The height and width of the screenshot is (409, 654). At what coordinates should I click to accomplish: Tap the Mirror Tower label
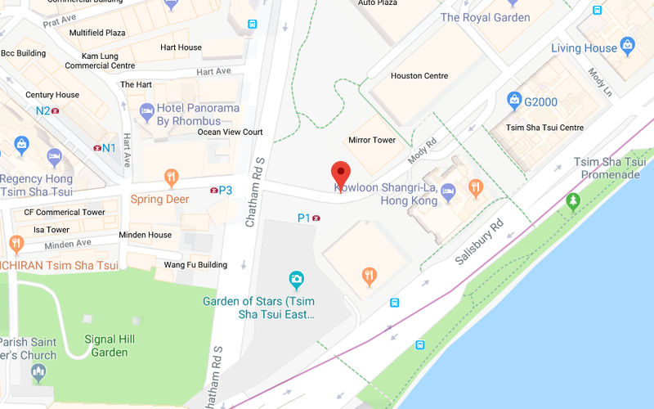coord(372,140)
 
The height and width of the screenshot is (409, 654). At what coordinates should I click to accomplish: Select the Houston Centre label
coord(419,76)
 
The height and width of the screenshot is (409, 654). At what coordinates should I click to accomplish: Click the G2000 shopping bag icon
coord(514,101)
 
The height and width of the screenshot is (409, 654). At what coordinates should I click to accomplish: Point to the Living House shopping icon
coord(628,45)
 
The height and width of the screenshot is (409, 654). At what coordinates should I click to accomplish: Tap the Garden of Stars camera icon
coord(296,281)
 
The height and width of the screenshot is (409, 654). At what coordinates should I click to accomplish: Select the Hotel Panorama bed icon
coord(146,110)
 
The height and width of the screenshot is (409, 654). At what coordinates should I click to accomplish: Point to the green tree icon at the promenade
coord(573,200)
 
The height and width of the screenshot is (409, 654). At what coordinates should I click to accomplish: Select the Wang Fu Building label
coord(195,265)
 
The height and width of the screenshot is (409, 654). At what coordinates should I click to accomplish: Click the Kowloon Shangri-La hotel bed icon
coord(448,193)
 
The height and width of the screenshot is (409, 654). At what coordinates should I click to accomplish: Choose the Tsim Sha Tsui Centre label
coord(544,128)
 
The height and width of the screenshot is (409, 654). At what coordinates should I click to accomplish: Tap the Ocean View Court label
coord(230,132)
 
